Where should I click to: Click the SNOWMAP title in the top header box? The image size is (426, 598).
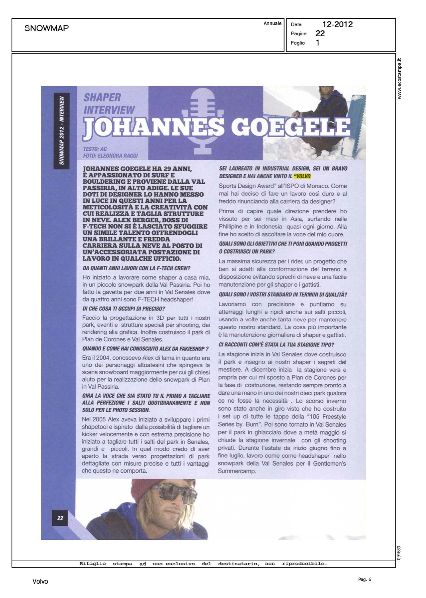click(46, 28)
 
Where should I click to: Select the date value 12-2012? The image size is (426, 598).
click(337, 24)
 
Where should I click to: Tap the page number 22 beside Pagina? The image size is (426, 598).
click(320, 33)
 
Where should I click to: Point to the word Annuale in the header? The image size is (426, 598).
click(272, 24)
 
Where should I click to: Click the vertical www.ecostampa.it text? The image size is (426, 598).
click(400, 79)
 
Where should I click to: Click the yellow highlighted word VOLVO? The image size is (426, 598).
click(302, 176)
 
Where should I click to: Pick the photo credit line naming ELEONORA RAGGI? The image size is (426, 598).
click(110, 155)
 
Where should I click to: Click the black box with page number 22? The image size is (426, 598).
click(60, 518)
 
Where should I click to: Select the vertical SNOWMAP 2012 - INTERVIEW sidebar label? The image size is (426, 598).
click(62, 130)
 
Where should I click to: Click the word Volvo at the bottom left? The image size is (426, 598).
click(40, 581)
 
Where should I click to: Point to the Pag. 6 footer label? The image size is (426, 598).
click(364, 579)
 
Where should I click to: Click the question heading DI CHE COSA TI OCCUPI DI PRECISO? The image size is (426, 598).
click(124, 309)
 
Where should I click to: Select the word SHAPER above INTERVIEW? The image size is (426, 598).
click(102, 97)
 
